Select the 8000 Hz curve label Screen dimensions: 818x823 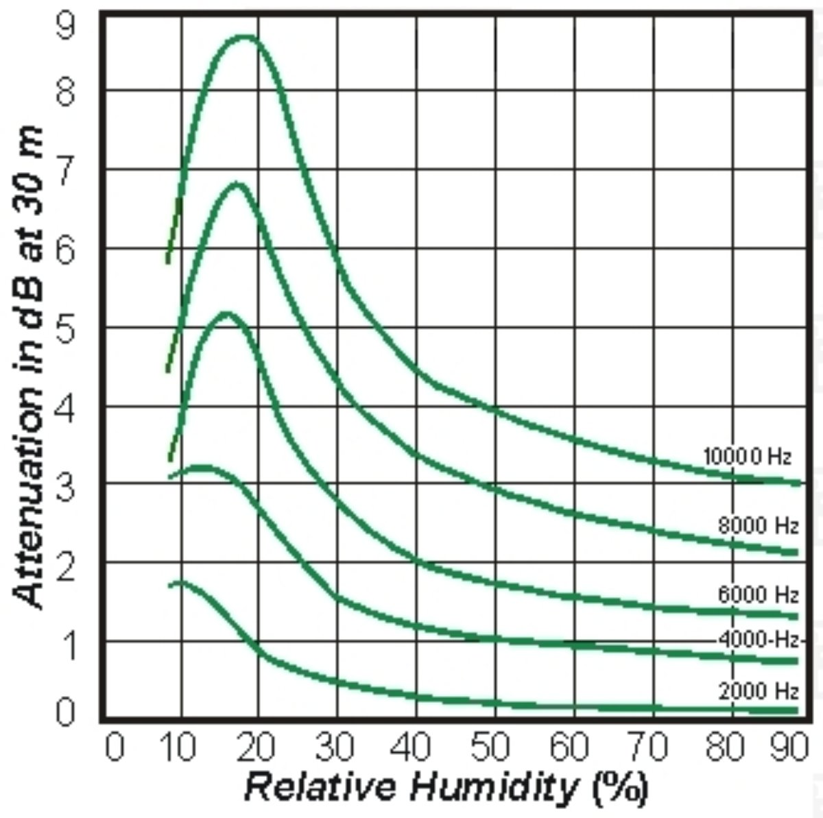pyautogui.click(x=759, y=526)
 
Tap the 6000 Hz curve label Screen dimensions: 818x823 pyautogui.click(x=759, y=594)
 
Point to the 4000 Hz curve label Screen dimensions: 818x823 pyautogui.click(x=759, y=640)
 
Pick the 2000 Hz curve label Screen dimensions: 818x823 pyautogui.click(x=759, y=691)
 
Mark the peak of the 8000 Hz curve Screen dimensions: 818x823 pyautogui.click(x=237, y=184)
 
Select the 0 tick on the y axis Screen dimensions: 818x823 pyautogui.click(x=67, y=713)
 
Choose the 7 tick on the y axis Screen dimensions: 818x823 pyautogui.click(x=67, y=171)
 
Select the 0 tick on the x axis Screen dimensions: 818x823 pyautogui.click(x=115, y=747)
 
